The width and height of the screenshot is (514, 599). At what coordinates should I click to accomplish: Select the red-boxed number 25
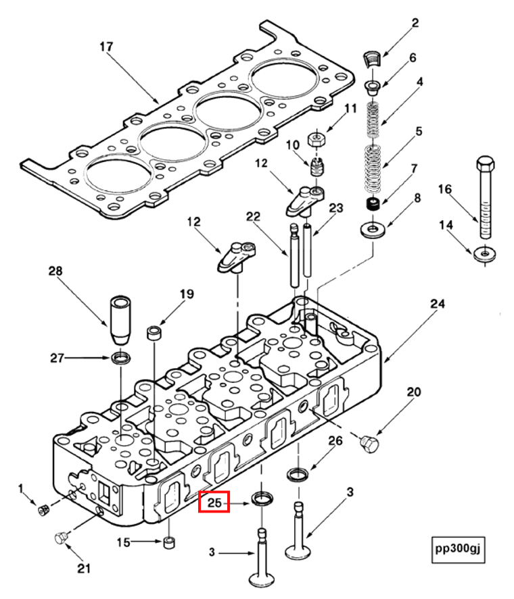(x=214, y=502)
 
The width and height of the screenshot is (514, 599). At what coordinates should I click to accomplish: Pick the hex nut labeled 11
(x=314, y=140)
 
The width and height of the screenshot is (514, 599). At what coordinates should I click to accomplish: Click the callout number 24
(x=438, y=305)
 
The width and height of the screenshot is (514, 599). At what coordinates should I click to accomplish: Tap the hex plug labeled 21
(x=61, y=538)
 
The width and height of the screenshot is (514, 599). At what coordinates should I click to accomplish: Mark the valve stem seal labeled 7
(x=371, y=204)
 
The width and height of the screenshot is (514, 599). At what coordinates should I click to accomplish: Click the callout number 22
(x=253, y=215)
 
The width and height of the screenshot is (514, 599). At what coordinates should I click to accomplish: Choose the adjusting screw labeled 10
(x=316, y=164)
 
